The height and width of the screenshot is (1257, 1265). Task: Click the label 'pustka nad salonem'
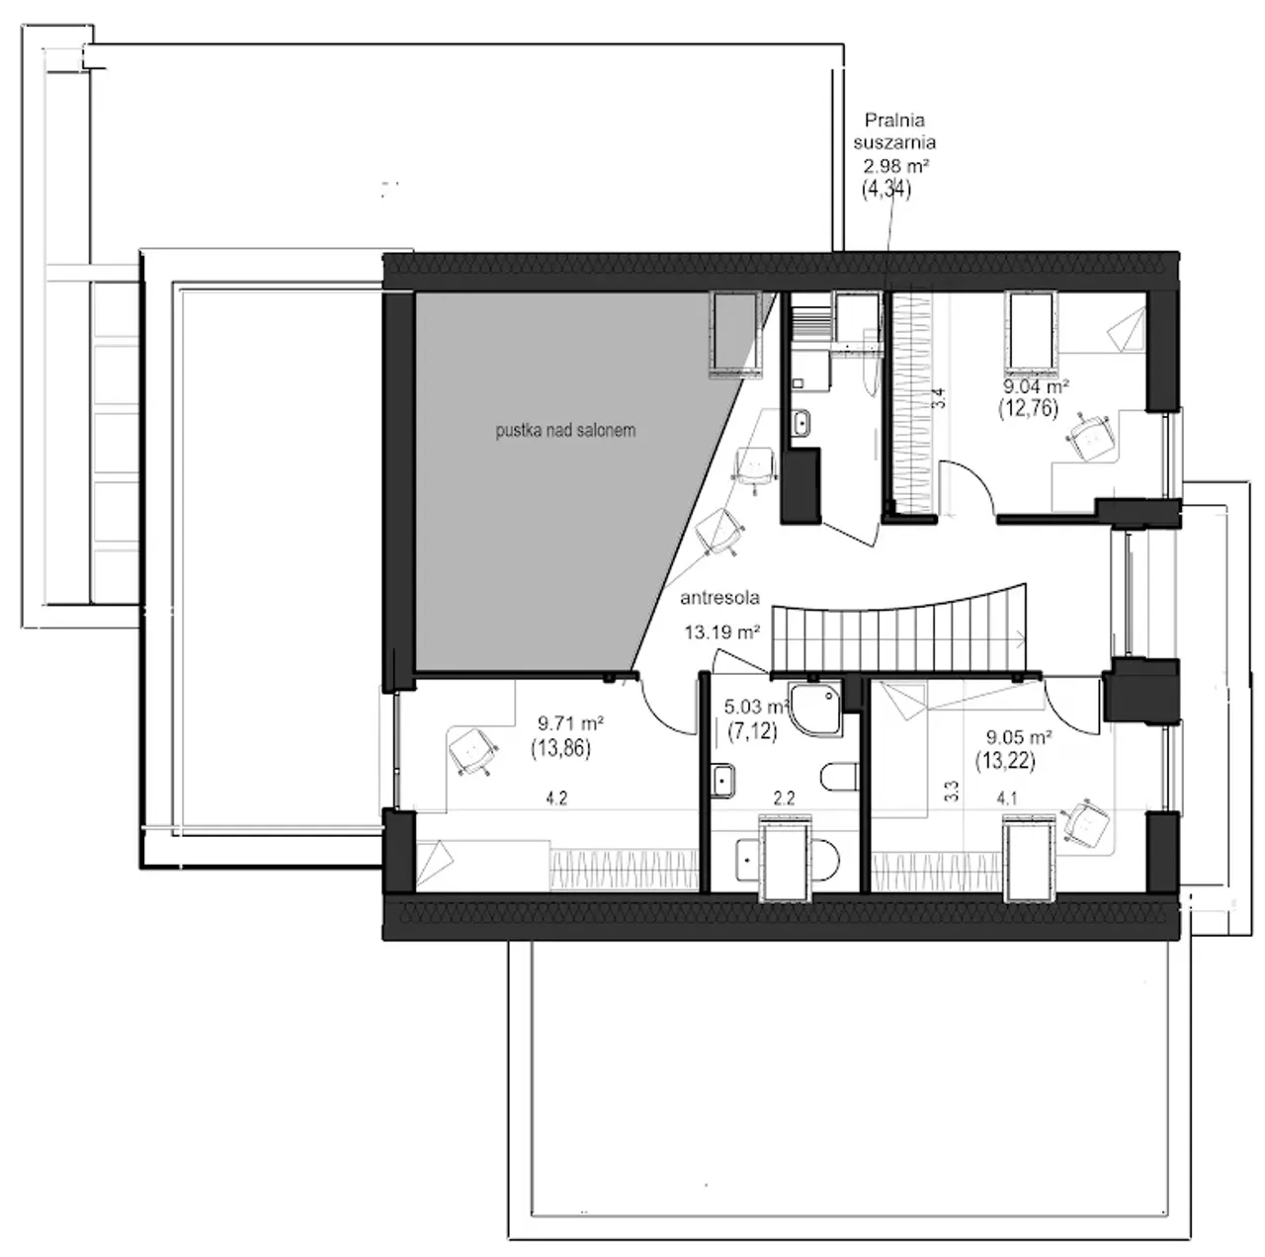565,431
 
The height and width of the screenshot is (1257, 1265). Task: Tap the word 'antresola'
719,598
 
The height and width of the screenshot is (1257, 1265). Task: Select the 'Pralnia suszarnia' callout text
893,130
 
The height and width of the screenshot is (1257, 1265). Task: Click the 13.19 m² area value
722,632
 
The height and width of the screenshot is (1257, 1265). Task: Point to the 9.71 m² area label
570,723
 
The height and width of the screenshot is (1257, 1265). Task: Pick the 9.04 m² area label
1036,385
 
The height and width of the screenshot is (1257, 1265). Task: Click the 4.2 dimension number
556,798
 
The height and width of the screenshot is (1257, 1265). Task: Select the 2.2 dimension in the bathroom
784,798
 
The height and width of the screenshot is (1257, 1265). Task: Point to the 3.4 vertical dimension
940,398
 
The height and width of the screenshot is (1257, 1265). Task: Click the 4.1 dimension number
1006,798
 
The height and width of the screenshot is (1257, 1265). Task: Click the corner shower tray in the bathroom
815,709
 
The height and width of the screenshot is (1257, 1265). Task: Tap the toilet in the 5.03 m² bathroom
839,777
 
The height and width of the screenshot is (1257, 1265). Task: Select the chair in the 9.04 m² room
1090,438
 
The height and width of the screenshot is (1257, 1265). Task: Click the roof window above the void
735,336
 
